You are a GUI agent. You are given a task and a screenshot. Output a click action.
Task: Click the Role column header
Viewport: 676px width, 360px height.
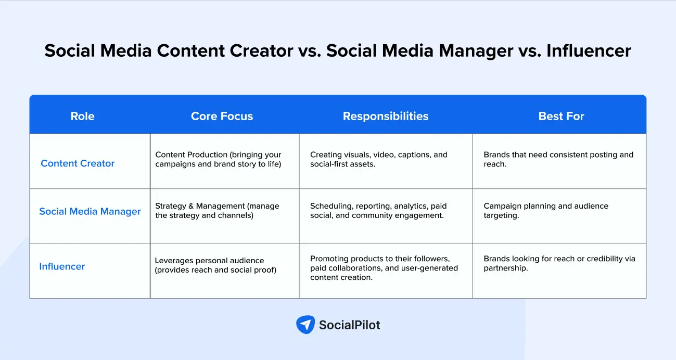pyautogui.click(x=83, y=116)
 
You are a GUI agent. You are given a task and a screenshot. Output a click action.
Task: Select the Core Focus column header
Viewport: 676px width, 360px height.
pyautogui.click(x=222, y=116)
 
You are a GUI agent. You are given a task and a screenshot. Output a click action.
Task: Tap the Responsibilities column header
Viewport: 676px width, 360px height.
pyautogui.click(x=385, y=116)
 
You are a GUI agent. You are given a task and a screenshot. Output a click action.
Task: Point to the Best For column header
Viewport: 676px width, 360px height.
pyautogui.click(x=561, y=116)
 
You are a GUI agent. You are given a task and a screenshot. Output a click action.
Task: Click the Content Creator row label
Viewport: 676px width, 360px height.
pyautogui.click(x=78, y=163)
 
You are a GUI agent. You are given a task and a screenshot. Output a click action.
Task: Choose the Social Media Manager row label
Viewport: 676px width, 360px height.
pyautogui.click(x=90, y=211)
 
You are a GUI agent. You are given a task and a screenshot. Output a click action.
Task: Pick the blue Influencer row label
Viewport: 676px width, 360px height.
pyautogui.click(x=62, y=266)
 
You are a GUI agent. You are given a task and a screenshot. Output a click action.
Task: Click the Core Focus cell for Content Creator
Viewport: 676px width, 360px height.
pyautogui.click(x=218, y=159)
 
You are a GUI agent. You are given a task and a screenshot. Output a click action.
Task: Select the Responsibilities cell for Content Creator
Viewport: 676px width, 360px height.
pyautogui.click(x=378, y=159)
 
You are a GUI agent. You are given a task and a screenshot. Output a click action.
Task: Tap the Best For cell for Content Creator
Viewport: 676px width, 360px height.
pyautogui.click(x=558, y=159)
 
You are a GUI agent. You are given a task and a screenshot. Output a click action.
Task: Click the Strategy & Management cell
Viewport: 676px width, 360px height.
pyautogui.click(x=217, y=211)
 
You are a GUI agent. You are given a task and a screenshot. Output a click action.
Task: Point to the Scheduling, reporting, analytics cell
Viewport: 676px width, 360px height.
pyautogui.click(x=378, y=211)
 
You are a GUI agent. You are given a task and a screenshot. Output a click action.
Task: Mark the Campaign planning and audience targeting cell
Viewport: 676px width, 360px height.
pyautogui.click(x=546, y=211)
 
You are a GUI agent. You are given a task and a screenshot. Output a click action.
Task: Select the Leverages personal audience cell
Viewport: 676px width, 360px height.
pyautogui.click(x=215, y=265)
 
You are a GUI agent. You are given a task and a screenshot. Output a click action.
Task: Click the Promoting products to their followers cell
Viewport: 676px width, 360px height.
pyautogui.click(x=384, y=268)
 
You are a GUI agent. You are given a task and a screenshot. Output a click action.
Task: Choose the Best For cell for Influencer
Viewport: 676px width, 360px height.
pyautogui.click(x=559, y=263)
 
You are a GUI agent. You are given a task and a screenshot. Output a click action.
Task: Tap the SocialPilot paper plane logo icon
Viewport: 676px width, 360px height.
pyautogui.click(x=305, y=325)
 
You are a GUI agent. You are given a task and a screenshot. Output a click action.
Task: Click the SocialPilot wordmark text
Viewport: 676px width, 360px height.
pyautogui.click(x=349, y=325)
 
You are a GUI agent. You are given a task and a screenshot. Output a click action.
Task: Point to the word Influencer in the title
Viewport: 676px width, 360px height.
pyautogui.click(x=589, y=50)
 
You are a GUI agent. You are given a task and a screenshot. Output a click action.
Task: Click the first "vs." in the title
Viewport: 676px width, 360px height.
pyautogui.click(x=309, y=50)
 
